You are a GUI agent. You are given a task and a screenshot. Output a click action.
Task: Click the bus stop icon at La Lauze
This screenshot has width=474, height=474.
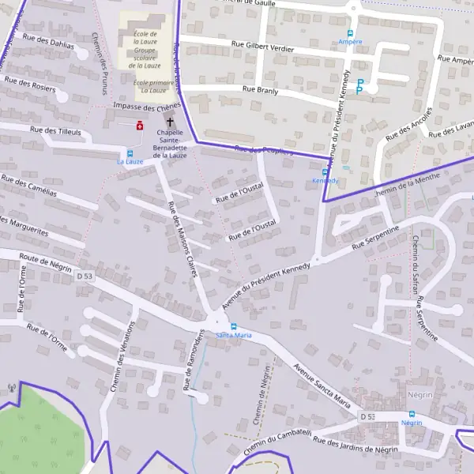click(130, 152)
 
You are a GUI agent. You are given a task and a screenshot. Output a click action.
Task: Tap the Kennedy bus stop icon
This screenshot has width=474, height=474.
click(325, 172)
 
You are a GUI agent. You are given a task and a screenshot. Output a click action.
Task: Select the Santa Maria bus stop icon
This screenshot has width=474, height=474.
click(233, 326)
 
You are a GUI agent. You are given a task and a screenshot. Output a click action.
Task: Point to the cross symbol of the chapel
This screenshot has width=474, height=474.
click(170, 122)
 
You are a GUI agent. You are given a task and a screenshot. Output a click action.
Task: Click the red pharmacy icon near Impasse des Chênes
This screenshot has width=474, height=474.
click(141, 125)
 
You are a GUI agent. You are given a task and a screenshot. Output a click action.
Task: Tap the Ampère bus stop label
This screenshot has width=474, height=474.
click(350, 41)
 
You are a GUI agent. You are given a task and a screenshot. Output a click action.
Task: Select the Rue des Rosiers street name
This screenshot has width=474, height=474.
click(30, 84)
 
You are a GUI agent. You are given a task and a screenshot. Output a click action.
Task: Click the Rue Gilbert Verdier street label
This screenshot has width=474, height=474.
click(262, 47)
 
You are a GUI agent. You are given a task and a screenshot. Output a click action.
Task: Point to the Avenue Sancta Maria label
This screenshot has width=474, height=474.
click(321, 385)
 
